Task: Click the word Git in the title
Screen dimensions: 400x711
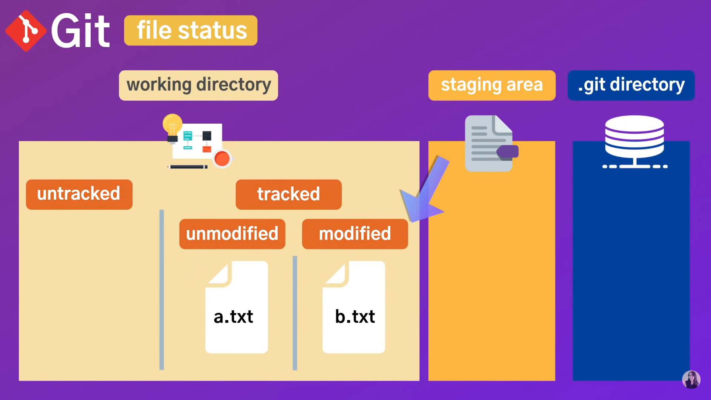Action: pos(80,31)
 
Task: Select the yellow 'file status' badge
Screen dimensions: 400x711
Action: pos(191,30)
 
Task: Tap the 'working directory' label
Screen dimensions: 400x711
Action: pos(198,85)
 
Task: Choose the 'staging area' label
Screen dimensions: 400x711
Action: pos(492,85)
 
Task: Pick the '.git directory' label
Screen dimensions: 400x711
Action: pos(631,85)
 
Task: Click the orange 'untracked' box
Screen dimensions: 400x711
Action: pos(79,194)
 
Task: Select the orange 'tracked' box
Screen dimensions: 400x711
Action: pos(288,194)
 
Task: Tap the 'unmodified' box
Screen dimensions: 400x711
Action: pos(232,234)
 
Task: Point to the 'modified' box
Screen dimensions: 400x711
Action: pos(355,234)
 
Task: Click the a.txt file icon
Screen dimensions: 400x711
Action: pos(237,307)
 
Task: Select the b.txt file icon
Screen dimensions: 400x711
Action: pos(354,307)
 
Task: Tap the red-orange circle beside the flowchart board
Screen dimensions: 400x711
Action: pos(222,159)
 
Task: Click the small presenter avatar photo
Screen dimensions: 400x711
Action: pos(691,380)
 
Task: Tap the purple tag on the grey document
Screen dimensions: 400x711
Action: pos(508,152)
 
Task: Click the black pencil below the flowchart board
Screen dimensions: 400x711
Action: pos(188,167)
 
